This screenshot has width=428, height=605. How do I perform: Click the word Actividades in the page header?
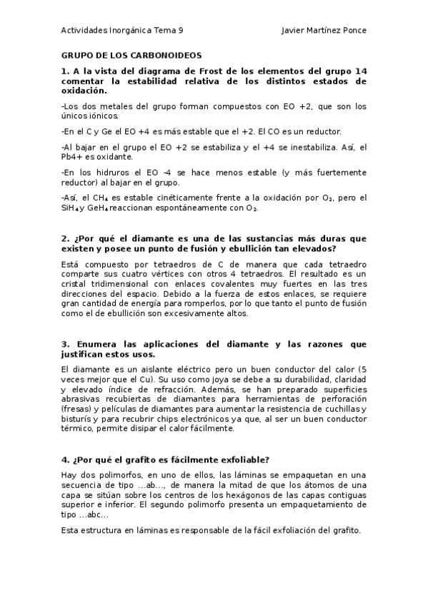(84, 31)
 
